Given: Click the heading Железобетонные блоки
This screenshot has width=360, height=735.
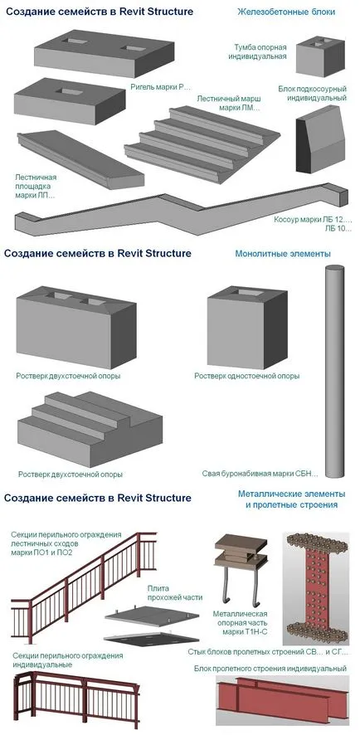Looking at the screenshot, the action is [286, 12].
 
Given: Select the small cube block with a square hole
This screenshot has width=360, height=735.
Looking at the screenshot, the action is [320, 56].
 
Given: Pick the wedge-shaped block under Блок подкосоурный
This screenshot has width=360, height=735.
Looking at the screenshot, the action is [320, 139].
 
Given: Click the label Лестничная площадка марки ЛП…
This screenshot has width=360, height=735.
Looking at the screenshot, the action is [36, 186].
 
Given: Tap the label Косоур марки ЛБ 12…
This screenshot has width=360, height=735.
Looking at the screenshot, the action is [313, 219].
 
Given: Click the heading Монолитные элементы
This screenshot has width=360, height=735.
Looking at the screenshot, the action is [283, 254].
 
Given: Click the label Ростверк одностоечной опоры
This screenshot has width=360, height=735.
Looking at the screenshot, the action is [246, 376].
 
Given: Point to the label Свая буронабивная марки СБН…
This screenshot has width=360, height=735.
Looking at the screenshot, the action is [260, 474].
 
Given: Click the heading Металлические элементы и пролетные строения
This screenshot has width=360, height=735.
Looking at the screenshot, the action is [291, 499].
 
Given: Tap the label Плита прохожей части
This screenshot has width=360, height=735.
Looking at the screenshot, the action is [175, 593].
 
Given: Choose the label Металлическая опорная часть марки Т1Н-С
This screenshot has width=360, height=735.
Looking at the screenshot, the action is [240, 624].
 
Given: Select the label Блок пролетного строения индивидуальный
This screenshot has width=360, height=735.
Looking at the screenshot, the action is [270, 668].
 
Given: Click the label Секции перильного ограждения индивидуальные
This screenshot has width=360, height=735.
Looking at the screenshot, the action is [68, 660].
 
